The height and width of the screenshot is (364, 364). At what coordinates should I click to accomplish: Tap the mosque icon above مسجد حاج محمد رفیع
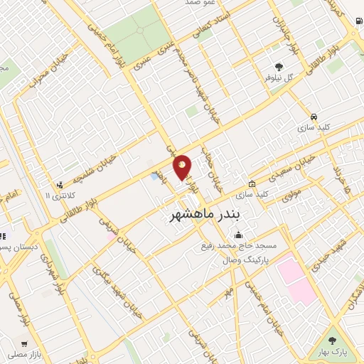pos(238,235)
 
